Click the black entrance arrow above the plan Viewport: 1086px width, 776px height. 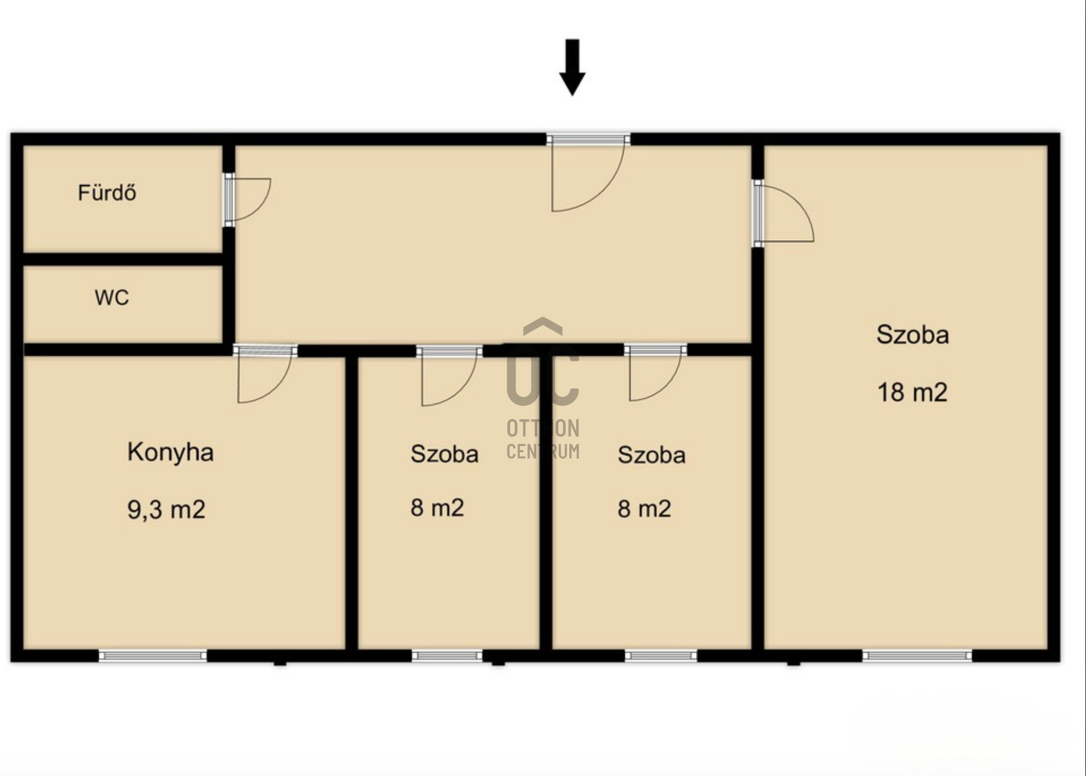tap(572, 67)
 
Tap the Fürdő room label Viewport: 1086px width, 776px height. tap(107, 192)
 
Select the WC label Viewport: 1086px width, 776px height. tap(112, 298)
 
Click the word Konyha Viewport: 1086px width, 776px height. tap(170, 453)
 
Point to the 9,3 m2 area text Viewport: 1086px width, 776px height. tap(166, 510)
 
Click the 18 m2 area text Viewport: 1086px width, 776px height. tap(912, 392)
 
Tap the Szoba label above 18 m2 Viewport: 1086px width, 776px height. tap(912, 335)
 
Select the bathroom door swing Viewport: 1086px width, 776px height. tap(248, 199)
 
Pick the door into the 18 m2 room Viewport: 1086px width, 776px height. tap(783, 213)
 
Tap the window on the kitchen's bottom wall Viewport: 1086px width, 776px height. tap(153, 656)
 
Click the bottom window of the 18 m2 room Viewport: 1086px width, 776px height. tap(917, 656)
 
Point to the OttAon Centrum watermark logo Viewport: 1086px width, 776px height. tap(543, 388)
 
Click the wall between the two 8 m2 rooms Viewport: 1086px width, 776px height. tap(546, 502)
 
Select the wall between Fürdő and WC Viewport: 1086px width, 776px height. tap(123, 259)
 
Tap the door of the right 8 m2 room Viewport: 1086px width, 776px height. tap(656, 373)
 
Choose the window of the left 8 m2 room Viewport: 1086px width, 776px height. tap(447, 656)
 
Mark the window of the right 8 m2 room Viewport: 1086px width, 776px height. tap(661, 656)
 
